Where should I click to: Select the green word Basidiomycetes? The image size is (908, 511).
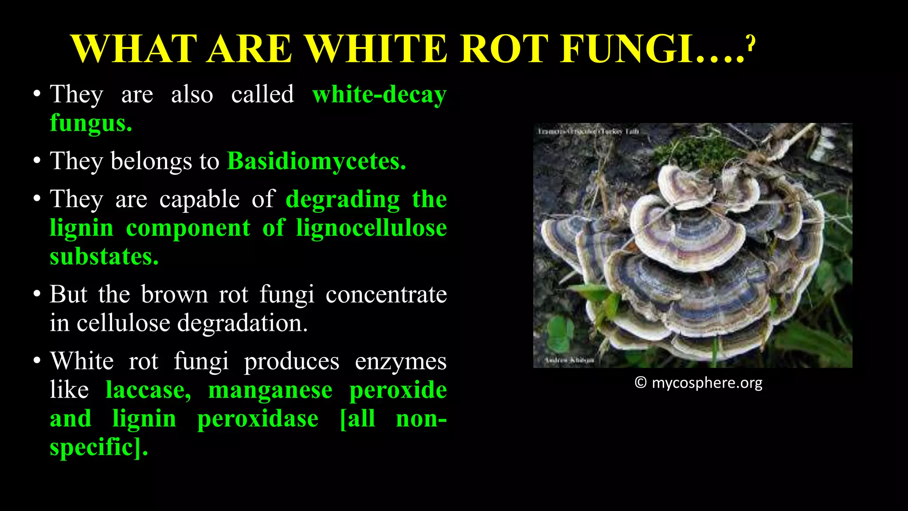[x=316, y=161]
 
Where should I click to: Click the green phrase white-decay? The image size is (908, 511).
[x=379, y=95]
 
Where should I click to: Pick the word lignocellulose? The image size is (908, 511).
[x=372, y=228]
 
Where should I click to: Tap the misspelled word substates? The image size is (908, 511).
[x=104, y=256]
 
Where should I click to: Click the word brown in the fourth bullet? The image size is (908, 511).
[x=174, y=295]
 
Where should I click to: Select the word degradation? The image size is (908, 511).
[x=242, y=323]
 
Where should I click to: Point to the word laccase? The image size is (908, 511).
[x=149, y=390]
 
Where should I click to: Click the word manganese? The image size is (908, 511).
[x=270, y=390]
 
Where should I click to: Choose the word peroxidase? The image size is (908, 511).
[x=258, y=419]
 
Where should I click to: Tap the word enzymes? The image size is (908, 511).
[x=400, y=362]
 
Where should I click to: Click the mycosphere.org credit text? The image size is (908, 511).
[x=707, y=383]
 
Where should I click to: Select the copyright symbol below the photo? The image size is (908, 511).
[x=640, y=382]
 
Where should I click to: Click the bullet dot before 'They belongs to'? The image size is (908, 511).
[x=37, y=161]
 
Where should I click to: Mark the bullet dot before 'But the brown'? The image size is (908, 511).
[x=37, y=295]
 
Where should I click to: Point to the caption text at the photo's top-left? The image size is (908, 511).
[x=588, y=131]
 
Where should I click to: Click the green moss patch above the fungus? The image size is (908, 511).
[x=692, y=151]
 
